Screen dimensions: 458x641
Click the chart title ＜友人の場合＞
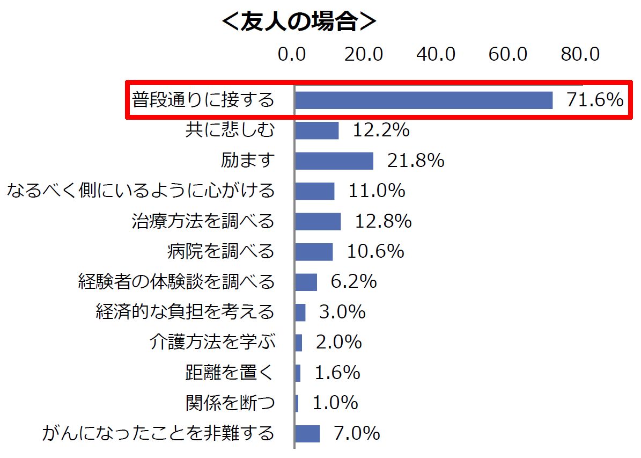[x=299, y=22]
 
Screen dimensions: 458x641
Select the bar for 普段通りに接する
[x=423, y=100]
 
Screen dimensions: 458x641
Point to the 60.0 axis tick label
[x=508, y=54]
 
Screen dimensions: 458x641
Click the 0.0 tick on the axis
[x=292, y=54]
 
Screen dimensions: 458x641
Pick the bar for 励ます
[x=334, y=161]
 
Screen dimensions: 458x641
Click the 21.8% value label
[x=415, y=161]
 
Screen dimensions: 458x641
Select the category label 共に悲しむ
[x=230, y=130]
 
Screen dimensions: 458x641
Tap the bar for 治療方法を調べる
[x=318, y=221]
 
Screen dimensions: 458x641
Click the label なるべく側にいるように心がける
[x=141, y=191]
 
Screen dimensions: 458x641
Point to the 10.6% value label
[x=375, y=251]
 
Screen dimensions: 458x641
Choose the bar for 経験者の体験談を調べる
[x=306, y=282]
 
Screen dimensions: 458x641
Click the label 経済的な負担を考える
[x=185, y=312]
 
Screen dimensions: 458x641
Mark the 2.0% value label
[x=338, y=342]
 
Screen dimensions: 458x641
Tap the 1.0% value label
[x=335, y=403]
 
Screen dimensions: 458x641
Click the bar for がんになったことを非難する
[x=307, y=433]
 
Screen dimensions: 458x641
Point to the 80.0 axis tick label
[x=580, y=54]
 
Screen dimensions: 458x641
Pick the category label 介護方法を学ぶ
[x=212, y=342]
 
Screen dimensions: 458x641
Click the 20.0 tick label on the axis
[x=364, y=54]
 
